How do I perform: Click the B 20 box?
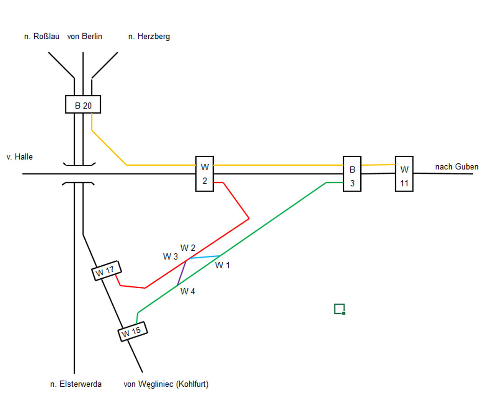click(83, 104)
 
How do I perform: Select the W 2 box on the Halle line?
click(204, 174)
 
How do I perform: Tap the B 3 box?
click(352, 174)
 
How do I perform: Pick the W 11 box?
click(404, 174)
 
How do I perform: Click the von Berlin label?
click(84, 37)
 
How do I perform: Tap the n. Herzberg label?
click(149, 37)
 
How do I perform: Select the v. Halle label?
click(20, 157)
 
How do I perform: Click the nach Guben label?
click(456, 167)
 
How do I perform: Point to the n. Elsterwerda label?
click(76, 384)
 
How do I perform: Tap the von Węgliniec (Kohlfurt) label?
click(166, 384)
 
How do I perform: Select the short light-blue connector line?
click(204, 257)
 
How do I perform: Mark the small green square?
click(340, 309)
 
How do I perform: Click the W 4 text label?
click(188, 291)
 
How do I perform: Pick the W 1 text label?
click(222, 265)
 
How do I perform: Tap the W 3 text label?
click(170, 257)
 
